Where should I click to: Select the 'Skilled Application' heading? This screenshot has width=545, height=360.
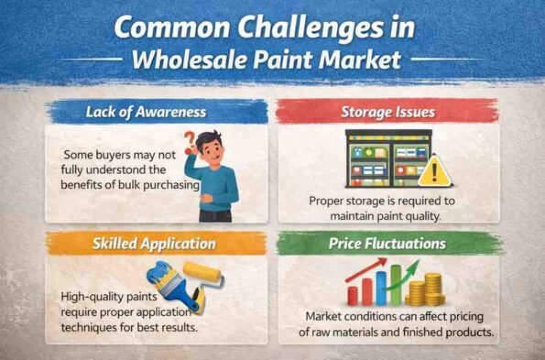(153, 244)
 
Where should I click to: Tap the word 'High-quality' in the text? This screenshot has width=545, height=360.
(94, 297)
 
